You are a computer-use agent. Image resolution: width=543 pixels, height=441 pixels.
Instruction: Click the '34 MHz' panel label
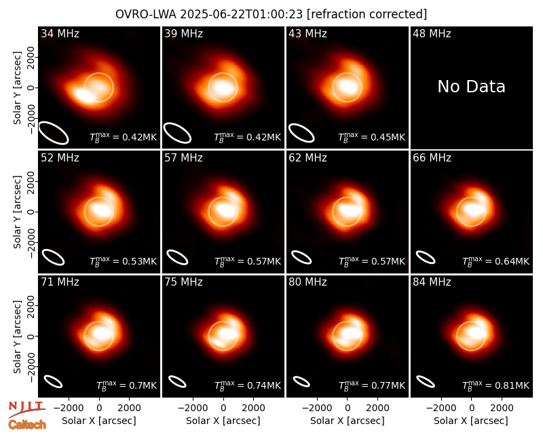(60, 33)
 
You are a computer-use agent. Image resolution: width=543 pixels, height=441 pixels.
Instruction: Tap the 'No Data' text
(471, 87)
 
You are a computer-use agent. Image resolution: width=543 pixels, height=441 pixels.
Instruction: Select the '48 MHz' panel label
(432, 33)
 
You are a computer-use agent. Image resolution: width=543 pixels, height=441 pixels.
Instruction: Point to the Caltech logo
(27, 425)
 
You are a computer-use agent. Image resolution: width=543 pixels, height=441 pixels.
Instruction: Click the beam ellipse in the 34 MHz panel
(54, 132)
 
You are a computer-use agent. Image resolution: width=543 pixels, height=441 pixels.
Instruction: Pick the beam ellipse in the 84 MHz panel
(426, 382)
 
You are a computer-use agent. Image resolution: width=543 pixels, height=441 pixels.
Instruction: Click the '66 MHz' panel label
(432, 158)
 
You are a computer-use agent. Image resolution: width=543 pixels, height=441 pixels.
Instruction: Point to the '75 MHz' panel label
(183, 282)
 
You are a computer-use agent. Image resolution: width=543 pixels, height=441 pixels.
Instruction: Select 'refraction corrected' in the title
(367, 14)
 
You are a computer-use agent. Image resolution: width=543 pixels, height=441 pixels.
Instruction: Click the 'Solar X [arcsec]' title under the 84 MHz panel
(471, 421)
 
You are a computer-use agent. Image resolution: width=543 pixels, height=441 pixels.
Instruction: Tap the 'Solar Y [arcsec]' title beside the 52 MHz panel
(18, 212)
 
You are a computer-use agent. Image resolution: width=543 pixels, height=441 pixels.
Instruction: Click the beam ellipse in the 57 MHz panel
(177, 257)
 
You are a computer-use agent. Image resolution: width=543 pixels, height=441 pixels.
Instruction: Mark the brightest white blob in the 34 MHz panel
(82, 95)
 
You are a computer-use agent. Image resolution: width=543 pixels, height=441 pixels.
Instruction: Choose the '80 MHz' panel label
(308, 282)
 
